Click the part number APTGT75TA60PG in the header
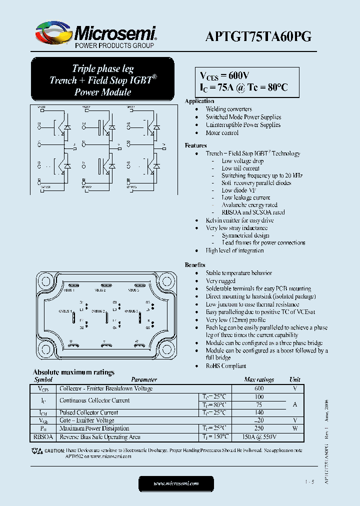coord(258,36)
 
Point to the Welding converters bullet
coord(228,109)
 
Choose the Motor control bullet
coord(222,133)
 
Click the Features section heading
coord(195,145)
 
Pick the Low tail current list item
coord(240,168)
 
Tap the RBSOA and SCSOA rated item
coord(253,212)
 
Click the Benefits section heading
coord(195,265)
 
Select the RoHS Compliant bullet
coord(226,366)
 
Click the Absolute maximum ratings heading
coord(73,372)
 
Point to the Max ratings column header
coord(258,380)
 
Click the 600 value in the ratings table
coord(258,388)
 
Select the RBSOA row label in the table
coord(42,437)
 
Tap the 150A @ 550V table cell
coord(258,437)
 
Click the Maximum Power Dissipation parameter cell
coord(94,428)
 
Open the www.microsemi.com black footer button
coord(176,483)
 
